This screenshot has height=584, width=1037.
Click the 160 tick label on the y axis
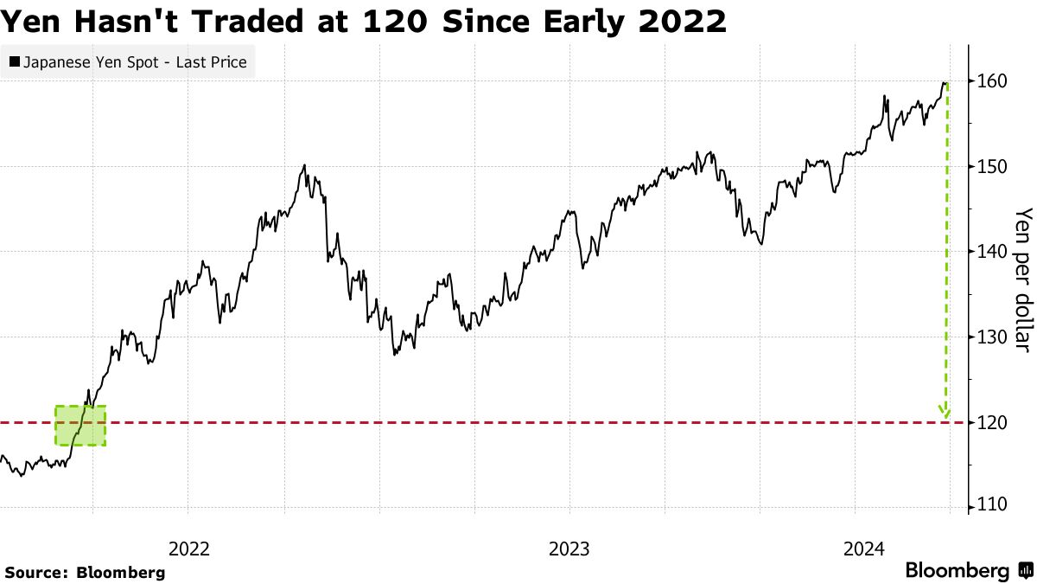pyautogui.click(x=992, y=81)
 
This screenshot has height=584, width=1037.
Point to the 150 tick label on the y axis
pyautogui.click(x=992, y=166)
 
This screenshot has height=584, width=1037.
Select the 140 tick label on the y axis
pyautogui.click(x=992, y=252)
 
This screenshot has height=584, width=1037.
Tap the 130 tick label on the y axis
pyautogui.click(x=992, y=337)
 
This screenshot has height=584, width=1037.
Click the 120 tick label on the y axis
pyautogui.click(x=992, y=422)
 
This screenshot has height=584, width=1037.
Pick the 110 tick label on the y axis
pyautogui.click(x=992, y=505)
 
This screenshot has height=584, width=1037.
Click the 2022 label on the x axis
pyautogui.click(x=189, y=548)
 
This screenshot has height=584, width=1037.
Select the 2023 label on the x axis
pyautogui.click(x=569, y=548)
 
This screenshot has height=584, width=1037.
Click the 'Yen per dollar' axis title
pyautogui.click(x=1023, y=279)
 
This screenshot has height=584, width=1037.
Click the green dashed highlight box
pyautogui.click(x=80, y=426)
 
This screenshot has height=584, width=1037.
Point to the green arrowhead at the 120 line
pyautogui.click(x=945, y=414)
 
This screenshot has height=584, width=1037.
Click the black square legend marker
pyautogui.click(x=15, y=62)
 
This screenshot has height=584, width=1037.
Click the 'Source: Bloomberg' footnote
pyautogui.click(x=85, y=572)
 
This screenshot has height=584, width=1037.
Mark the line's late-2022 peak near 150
pyautogui.click(x=304, y=165)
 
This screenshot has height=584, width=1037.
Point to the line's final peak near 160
pyautogui.click(x=944, y=83)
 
